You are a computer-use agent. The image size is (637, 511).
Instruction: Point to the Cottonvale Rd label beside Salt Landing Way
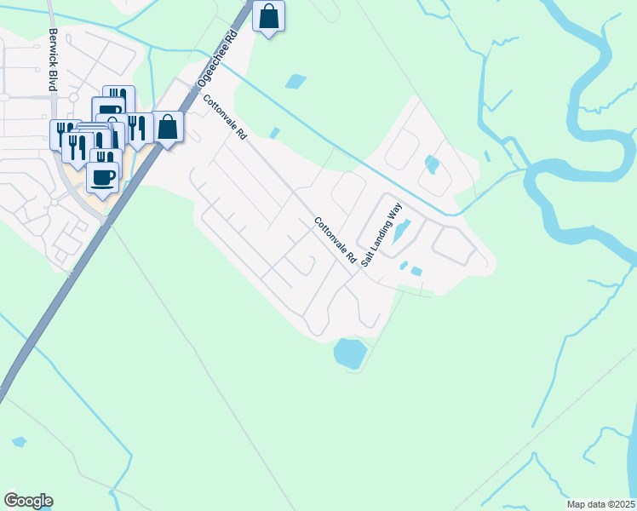[x=335, y=240]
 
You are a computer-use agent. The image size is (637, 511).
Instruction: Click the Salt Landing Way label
[x=381, y=236]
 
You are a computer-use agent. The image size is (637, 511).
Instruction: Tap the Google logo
[x=28, y=501]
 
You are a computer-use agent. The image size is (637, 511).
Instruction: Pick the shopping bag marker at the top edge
[x=269, y=16]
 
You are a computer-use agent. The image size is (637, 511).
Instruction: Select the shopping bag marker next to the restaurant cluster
[x=168, y=128]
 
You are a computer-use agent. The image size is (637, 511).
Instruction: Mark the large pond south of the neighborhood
[x=349, y=353]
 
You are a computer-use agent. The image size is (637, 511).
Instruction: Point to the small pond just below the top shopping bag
[x=296, y=82]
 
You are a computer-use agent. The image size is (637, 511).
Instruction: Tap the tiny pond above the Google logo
[x=18, y=442]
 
